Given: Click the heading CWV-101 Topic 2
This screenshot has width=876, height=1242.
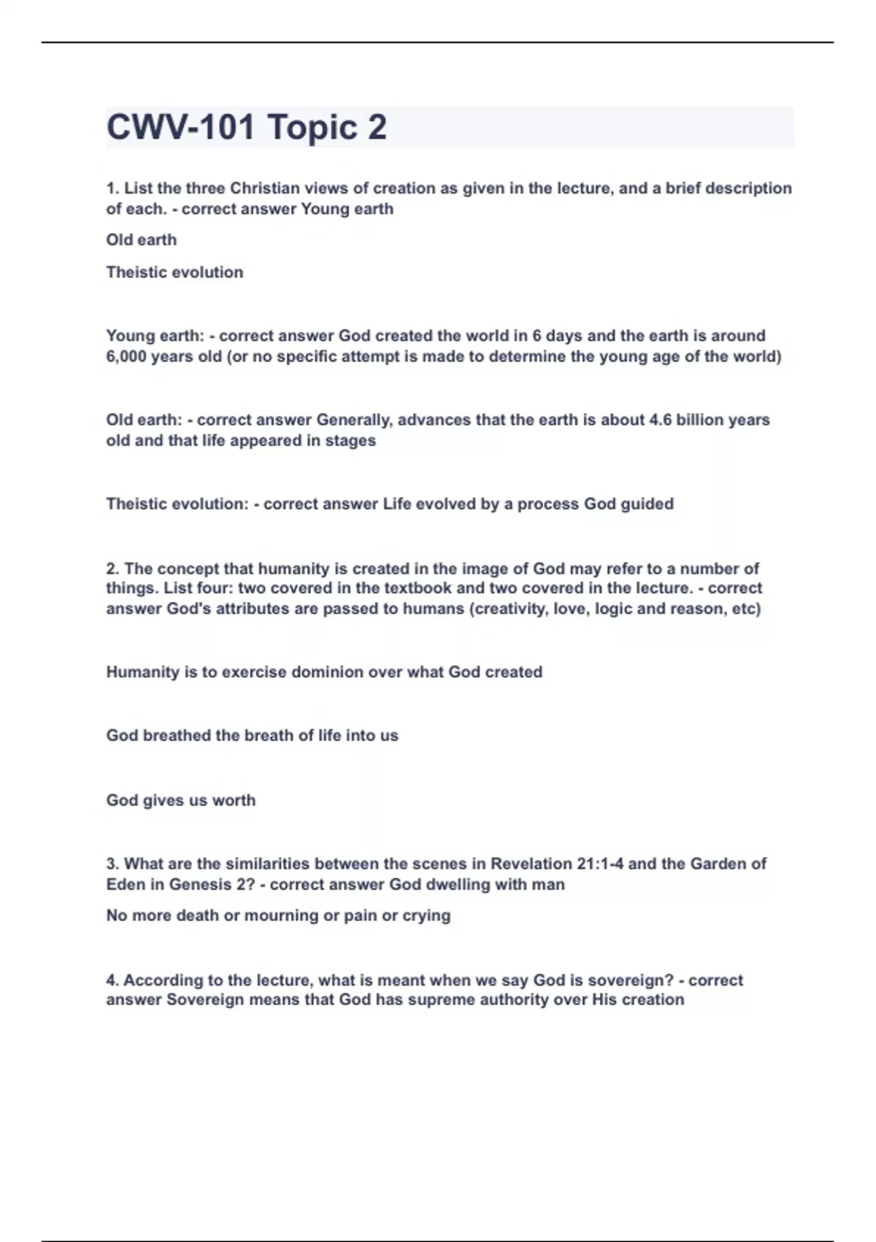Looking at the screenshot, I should (x=247, y=127).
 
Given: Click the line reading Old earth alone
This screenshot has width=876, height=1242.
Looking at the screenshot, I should (x=141, y=240).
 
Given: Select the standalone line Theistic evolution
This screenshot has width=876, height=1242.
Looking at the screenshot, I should (x=174, y=272).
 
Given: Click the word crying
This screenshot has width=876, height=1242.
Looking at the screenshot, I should (x=426, y=915).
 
